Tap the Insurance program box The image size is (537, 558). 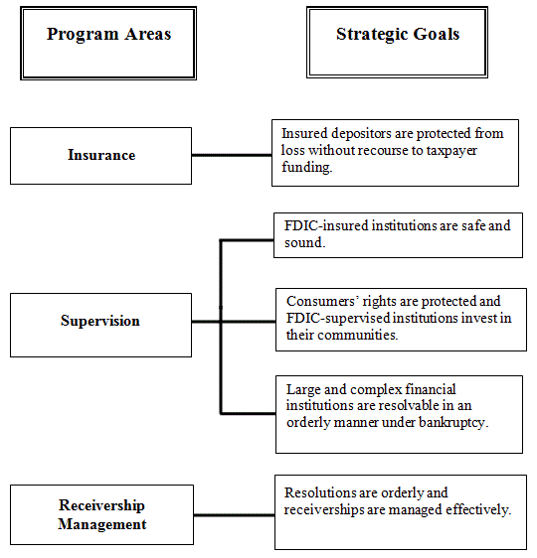point(100,155)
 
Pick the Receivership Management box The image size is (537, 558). point(101,515)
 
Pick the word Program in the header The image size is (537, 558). point(81,35)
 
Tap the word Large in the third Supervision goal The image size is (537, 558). point(304,389)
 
